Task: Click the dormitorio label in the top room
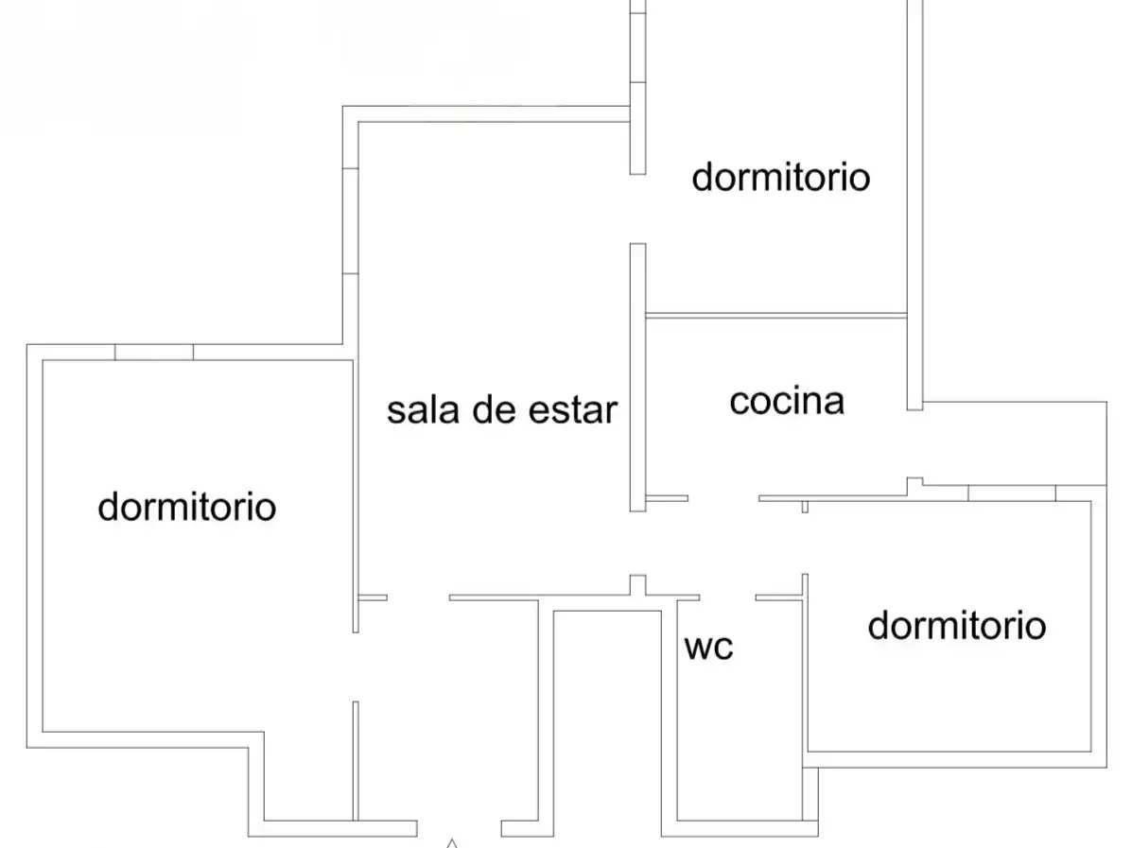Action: [780, 178]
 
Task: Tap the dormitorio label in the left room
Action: [187, 507]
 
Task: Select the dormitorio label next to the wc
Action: [956, 625]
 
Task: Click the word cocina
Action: [787, 402]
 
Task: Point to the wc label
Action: [709, 648]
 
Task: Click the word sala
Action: [423, 410]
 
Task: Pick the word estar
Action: [573, 410]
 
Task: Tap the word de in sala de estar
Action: [494, 410]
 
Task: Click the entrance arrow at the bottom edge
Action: [452, 843]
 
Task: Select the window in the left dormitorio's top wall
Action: [154, 353]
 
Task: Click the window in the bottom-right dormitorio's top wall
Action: [1012, 493]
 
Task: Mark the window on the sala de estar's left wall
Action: [350, 221]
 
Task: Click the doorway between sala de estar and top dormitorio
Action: [637, 209]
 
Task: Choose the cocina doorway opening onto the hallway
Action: [723, 498]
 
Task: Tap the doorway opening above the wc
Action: [728, 597]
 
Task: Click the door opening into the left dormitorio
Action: [356, 666]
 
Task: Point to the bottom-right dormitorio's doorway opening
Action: [805, 543]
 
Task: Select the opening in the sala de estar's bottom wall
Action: [418, 597]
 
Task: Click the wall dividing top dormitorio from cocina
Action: [776, 316]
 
